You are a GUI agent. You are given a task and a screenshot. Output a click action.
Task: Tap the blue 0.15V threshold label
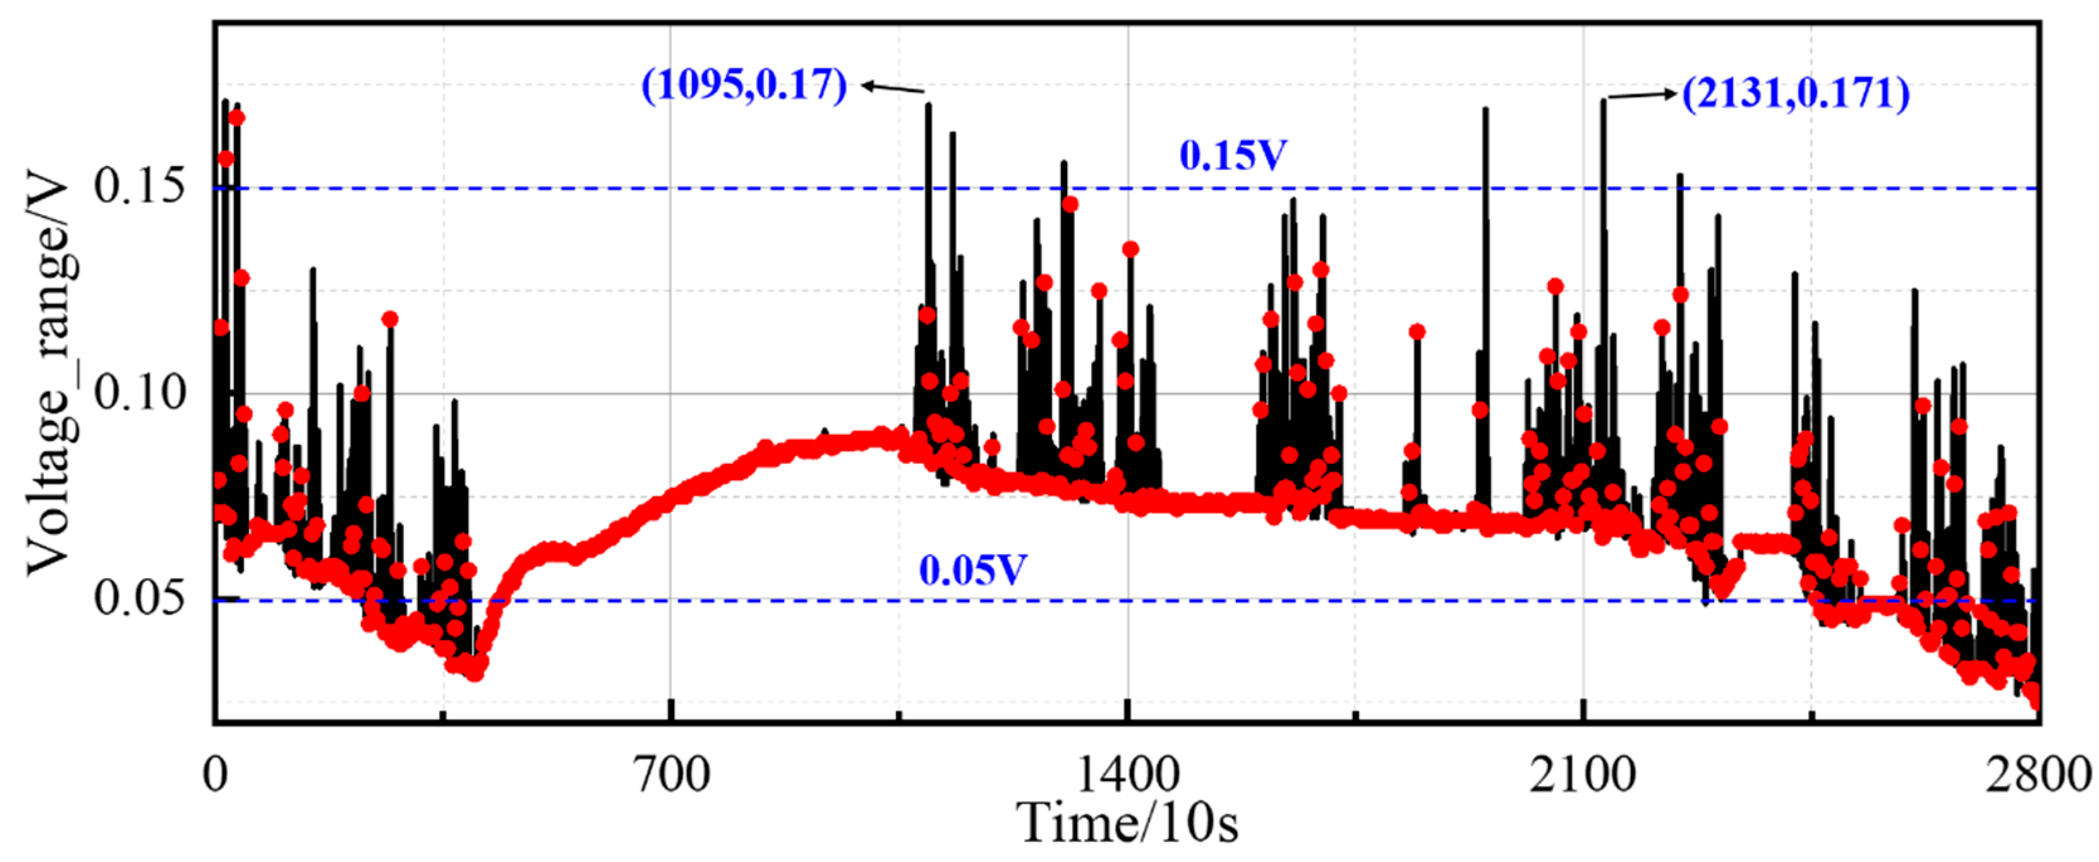coord(1233,155)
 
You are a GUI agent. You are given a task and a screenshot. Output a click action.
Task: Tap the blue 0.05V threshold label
coord(972,570)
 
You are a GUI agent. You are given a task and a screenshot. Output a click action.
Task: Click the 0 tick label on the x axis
coord(215,775)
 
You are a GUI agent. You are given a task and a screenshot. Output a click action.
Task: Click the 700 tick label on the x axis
coord(671,775)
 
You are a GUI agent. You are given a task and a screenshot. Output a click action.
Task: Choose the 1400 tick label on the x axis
coord(1128,775)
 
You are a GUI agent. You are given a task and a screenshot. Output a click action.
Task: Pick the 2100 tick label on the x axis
coord(1582,775)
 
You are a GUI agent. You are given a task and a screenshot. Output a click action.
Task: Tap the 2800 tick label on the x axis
coord(2037,775)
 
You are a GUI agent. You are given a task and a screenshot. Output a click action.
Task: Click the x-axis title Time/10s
coord(1129,823)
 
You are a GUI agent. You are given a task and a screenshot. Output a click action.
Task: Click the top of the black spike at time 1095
coord(928,105)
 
